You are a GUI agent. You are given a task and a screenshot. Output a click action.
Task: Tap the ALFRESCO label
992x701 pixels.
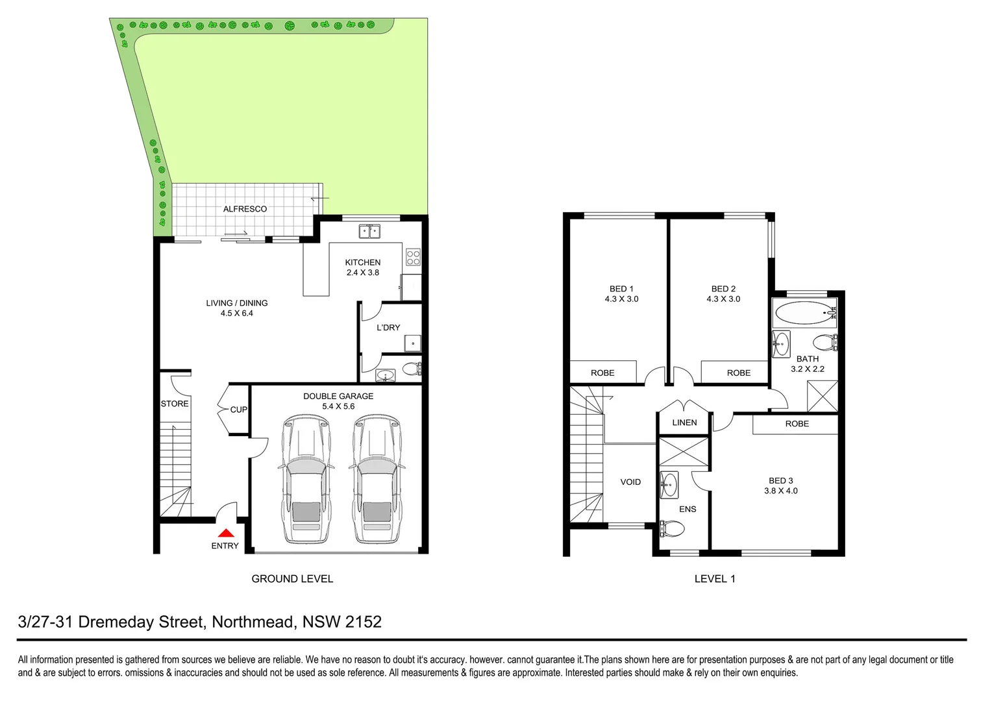tap(245, 209)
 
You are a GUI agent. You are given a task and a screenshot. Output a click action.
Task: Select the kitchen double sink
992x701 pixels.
tap(370, 231)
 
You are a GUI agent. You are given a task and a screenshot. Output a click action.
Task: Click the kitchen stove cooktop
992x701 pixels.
tap(413, 257)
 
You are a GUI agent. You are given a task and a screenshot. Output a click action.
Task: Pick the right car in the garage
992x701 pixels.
tap(377, 480)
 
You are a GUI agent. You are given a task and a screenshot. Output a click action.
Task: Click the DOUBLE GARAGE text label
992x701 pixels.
tap(338, 396)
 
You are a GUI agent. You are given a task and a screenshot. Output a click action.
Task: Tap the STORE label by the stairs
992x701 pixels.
tap(175, 404)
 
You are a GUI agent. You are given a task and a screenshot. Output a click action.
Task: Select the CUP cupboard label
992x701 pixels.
tap(238, 410)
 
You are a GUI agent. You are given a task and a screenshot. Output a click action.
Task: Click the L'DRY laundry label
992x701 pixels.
tap(388, 328)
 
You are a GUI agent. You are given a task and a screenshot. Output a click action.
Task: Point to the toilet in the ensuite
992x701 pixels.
tap(672, 529)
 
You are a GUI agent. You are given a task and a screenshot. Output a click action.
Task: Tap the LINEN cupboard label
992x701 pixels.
tap(684, 423)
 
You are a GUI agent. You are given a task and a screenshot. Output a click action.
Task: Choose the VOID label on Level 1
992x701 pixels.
tap(630, 482)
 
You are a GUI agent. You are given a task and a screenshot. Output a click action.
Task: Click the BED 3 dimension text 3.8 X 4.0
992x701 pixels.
tap(781, 491)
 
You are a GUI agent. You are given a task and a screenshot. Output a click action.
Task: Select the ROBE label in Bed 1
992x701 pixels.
tap(602, 373)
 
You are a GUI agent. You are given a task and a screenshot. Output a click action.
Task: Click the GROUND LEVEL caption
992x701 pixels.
tap(292, 579)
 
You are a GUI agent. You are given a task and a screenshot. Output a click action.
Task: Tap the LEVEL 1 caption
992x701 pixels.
tap(715, 579)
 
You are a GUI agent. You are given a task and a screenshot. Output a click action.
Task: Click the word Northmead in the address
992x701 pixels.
tap(253, 622)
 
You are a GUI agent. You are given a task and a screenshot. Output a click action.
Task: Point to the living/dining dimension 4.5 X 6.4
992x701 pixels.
tap(237, 314)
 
